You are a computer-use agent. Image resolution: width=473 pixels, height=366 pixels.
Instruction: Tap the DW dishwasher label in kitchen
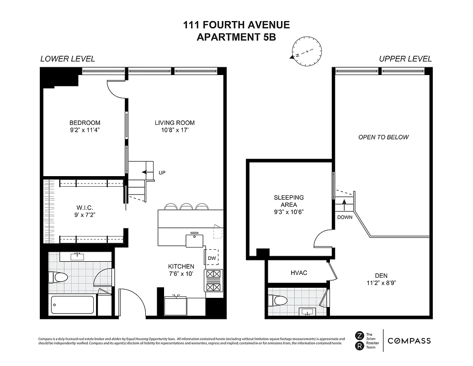pyautogui.click(x=211, y=258)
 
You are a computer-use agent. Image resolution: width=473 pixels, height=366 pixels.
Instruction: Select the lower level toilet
pyautogui.click(x=58, y=277)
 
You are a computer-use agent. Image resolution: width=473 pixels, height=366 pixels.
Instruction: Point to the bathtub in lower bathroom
pyautogui.click(x=72, y=305)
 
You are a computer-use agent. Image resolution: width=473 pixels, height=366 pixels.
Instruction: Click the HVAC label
pyautogui.click(x=299, y=273)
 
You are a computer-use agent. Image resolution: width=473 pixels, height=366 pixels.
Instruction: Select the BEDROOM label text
pyautogui.click(x=85, y=123)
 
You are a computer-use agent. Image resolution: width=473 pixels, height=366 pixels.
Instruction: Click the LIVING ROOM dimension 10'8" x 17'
pyautogui.click(x=175, y=130)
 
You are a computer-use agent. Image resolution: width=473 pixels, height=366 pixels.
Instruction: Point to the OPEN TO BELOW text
pyautogui.click(x=383, y=137)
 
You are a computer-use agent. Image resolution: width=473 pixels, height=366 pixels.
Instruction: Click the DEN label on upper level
pyautogui.click(x=381, y=275)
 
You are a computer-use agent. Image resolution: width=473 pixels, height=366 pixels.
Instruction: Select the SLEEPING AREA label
pyautogui.click(x=288, y=201)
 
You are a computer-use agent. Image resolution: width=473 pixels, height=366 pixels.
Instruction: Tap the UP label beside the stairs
pyautogui.click(x=162, y=173)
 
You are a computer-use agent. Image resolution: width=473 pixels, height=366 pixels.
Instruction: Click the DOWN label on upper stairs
pyautogui.click(x=345, y=217)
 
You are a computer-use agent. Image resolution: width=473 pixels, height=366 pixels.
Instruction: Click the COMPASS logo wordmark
pyautogui.click(x=409, y=340)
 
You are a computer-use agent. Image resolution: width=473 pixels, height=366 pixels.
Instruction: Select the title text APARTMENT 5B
pyautogui.click(x=236, y=38)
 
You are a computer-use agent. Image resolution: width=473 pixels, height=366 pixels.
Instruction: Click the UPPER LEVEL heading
pyautogui.click(x=405, y=59)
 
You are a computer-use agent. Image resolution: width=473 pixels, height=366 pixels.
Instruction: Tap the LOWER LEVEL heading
pyautogui.click(x=68, y=59)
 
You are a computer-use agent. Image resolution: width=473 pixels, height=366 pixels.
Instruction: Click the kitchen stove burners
pyautogui.click(x=213, y=280)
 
